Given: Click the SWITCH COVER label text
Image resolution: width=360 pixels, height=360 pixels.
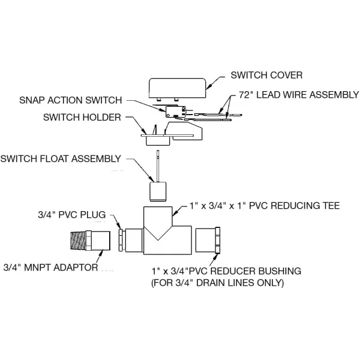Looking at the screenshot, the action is (x=266, y=76).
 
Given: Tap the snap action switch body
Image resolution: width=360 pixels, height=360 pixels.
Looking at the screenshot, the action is (x=176, y=112).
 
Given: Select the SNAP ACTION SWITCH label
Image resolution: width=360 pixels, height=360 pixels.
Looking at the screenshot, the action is (x=70, y=100).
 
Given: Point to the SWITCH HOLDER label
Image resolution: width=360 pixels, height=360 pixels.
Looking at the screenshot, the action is (x=82, y=118).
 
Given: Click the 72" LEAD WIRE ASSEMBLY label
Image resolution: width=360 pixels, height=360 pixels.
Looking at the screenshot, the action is (x=299, y=95).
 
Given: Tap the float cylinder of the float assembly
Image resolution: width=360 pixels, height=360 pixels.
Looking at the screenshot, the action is (x=158, y=192).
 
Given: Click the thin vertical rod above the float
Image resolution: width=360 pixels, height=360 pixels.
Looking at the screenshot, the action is (x=158, y=166).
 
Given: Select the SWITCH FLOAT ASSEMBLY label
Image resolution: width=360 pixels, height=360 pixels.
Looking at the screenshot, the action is (x=61, y=159).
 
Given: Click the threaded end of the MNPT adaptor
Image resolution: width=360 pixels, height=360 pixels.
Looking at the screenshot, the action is (x=78, y=241).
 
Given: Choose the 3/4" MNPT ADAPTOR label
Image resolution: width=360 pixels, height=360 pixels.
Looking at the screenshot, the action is (x=51, y=268).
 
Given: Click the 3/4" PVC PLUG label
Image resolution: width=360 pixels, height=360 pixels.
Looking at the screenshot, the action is (x=72, y=215).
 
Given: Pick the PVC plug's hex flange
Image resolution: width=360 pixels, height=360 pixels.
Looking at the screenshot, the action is (x=121, y=240).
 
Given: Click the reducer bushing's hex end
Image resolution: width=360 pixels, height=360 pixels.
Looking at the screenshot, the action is (x=218, y=240).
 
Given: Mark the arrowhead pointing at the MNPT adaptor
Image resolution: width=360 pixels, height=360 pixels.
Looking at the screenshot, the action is (x=100, y=253).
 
